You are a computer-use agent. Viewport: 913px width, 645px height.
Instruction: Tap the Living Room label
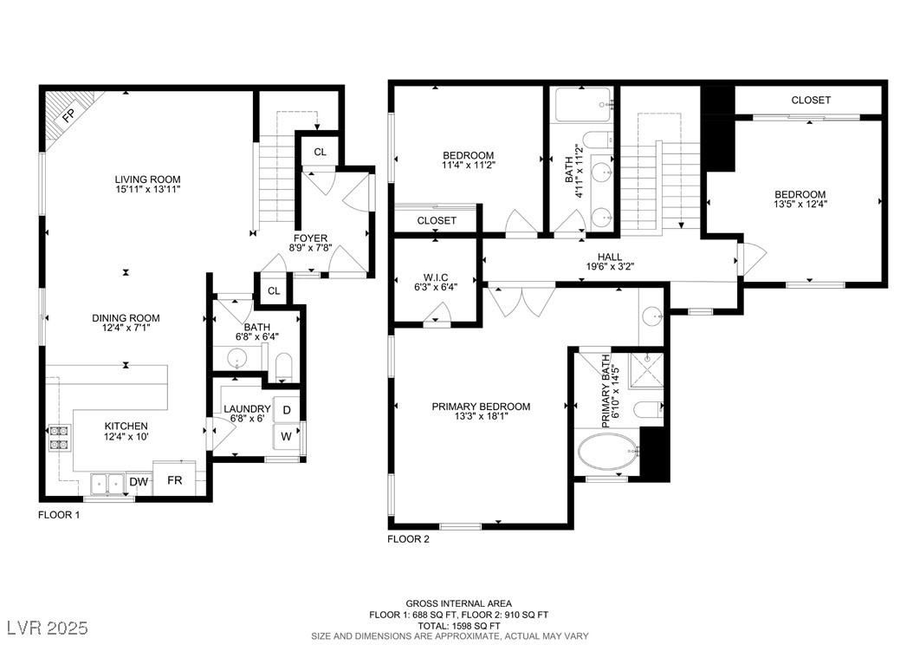(147, 179)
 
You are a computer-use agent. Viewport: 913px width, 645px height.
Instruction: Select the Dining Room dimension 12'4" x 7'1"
(126, 328)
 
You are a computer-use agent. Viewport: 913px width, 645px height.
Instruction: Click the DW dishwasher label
(139, 481)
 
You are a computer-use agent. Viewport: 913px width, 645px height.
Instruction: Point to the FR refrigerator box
(175, 479)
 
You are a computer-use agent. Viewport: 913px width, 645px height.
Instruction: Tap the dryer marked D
(287, 409)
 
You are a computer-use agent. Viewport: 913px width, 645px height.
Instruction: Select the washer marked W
(287, 436)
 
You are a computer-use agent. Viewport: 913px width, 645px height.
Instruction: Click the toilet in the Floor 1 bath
(283, 367)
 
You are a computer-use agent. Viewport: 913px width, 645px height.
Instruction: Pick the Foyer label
(310, 238)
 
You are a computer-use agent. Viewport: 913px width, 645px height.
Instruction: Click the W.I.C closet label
(436, 277)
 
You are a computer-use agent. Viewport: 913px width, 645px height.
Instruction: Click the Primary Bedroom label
(481, 407)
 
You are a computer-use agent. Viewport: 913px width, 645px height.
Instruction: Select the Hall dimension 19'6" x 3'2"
(610, 266)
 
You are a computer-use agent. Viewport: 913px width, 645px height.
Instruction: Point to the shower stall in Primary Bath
(646, 369)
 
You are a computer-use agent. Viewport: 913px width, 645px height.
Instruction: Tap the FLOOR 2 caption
(408, 539)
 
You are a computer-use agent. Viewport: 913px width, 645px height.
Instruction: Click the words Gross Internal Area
(459, 603)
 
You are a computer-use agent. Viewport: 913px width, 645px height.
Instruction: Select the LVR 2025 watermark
(48, 628)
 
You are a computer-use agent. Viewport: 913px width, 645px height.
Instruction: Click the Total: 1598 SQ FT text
(459, 625)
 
